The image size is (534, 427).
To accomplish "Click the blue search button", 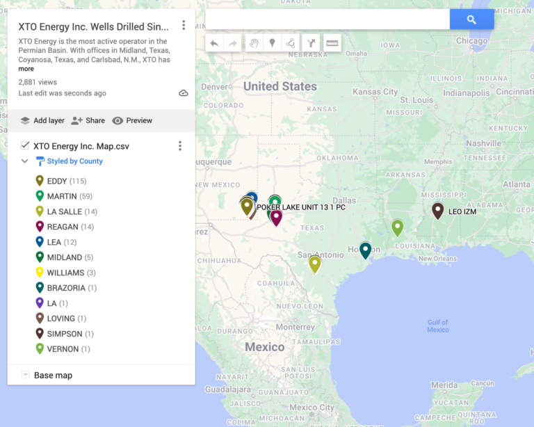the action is point(471,19).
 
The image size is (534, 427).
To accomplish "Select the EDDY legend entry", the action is point(57,181).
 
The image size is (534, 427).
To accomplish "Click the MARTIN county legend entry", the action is point(62,196).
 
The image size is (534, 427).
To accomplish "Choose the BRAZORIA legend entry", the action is point(66,288).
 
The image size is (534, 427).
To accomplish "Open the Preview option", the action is point(132,120).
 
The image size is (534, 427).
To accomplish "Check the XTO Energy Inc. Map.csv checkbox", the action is point(25,146).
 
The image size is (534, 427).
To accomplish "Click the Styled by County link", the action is point(74,161).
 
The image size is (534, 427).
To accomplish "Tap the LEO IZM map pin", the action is point(437,210).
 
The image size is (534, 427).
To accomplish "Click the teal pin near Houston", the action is point(365,250).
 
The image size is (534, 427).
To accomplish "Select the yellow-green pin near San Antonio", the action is point(315,263).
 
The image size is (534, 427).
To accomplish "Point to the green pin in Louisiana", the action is point(397,227).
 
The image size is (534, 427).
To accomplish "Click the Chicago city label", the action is point(471,41).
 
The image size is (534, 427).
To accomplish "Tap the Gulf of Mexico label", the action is point(438,325).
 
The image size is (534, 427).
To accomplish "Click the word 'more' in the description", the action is point(26,69).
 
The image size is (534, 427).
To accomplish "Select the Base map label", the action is point(53,376).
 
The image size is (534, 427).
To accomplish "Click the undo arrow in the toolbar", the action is point(214,43).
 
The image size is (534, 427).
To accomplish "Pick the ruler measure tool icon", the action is point(332,43).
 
